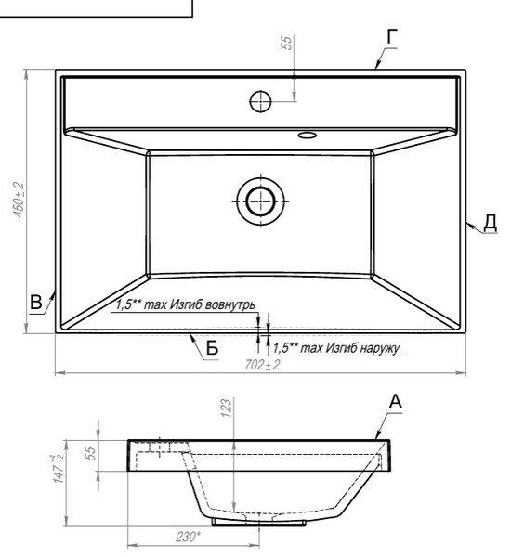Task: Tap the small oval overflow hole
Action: click(308, 135)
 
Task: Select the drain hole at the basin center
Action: click(260, 201)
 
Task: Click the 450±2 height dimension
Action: click(19, 200)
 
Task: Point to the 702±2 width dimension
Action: click(262, 365)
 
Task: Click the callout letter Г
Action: click(392, 36)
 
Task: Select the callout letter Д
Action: click(491, 223)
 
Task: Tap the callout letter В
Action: click(36, 303)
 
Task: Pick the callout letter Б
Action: click(212, 348)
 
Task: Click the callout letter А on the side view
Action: click(396, 402)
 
